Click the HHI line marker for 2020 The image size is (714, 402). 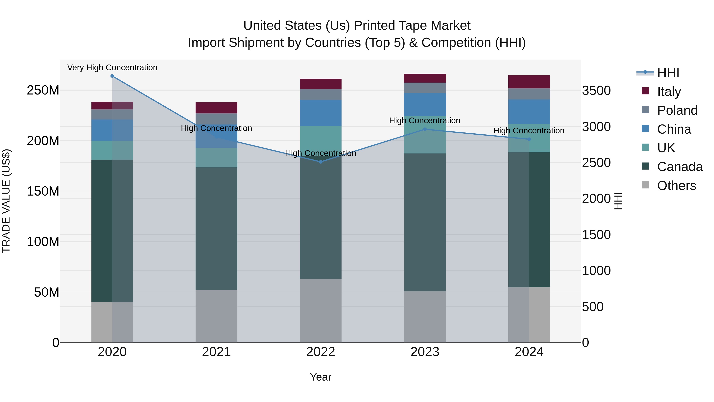point(112,76)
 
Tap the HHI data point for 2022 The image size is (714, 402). point(321,162)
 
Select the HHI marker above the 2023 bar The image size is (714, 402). point(425,129)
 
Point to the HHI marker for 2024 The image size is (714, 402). point(529,139)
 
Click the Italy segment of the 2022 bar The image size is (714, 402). point(321,84)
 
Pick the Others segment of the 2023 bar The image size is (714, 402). point(425,317)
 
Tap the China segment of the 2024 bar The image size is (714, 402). point(529,112)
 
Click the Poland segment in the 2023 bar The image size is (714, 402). point(425,88)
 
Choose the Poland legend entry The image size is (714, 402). point(677,110)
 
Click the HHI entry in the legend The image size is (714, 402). point(668,73)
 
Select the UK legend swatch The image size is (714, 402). point(645,147)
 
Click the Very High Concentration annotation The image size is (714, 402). point(112,67)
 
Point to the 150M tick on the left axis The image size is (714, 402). point(43,191)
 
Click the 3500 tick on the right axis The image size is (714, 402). point(596,91)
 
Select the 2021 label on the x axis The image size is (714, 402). point(216,352)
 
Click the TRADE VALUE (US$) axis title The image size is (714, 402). point(6,201)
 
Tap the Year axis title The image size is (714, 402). point(321,377)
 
